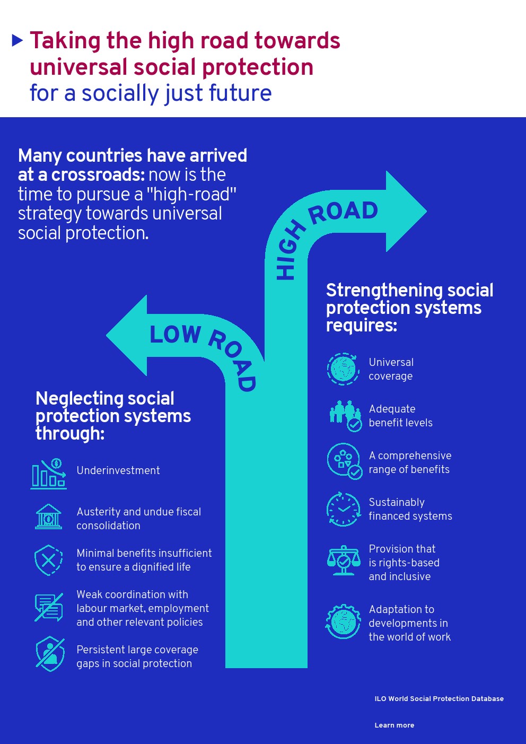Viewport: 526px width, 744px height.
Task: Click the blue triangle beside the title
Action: pyautogui.click(x=17, y=40)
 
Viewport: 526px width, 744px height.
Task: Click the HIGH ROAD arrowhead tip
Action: pyautogui.click(x=426, y=211)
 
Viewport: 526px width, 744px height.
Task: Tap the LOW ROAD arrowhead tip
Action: pyautogui.click(x=106, y=335)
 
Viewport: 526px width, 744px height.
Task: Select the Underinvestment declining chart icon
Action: pyautogui.click(x=48, y=474)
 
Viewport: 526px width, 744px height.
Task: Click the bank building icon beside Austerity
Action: pyautogui.click(x=48, y=517)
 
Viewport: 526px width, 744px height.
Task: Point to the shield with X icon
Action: pyautogui.click(x=48, y=560)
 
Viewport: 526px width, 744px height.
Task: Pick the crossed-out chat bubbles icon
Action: pyautogui.click(x=49, y=607)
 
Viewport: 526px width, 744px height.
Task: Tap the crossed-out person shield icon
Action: pyautogui.click(x=50, y=654)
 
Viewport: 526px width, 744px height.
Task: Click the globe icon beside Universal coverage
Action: pyautogui.click(x=343, y=369)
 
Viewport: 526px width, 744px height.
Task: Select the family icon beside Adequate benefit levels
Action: pyautogui.click(x=345, y=416)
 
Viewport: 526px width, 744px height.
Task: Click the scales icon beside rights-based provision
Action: pyautogui.click(x=344, y=561)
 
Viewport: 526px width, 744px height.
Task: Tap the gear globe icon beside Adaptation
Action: pyautogui.click(x=343, y=622)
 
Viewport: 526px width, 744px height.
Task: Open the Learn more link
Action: pyautogui.click(x=394, y=725)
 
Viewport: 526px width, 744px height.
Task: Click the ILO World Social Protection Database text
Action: pyautogui.click(x=439, y=698)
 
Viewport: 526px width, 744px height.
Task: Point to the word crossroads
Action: pyautogui.click(x=97, y=175)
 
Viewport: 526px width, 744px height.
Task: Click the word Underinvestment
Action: pyautogui.click(x=118, y=470)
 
